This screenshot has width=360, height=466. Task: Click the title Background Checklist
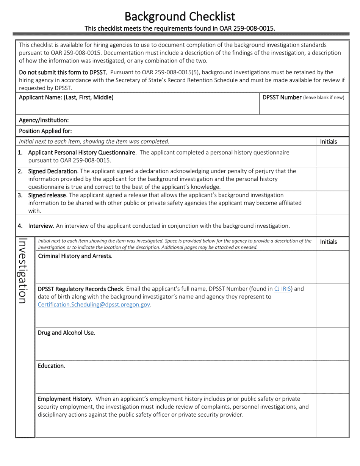point(180,16)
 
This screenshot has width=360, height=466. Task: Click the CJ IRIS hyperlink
point(282,289)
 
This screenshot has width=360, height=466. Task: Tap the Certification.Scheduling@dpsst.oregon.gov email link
point(94,305)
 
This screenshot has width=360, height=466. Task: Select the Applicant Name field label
point(66,97)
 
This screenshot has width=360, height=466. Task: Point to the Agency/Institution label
point(44,120)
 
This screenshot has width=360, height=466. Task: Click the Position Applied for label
point(45,131)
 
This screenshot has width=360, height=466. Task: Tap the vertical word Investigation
point(23,271)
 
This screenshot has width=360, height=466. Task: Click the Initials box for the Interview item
point(332,225)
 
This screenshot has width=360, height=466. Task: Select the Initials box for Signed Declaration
point(332,179)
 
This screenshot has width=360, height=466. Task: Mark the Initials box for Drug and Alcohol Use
point(332,343)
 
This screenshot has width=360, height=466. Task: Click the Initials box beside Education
point(332,377)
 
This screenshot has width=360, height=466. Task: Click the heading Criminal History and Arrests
point(75,256)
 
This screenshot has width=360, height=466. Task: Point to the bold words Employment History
point(65,399)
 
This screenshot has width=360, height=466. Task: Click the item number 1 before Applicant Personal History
point(20,152)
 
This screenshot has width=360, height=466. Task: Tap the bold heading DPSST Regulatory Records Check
point(81,289)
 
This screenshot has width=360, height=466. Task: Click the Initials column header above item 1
point(328,141)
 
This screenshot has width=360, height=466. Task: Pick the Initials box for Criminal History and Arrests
point(332,267)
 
